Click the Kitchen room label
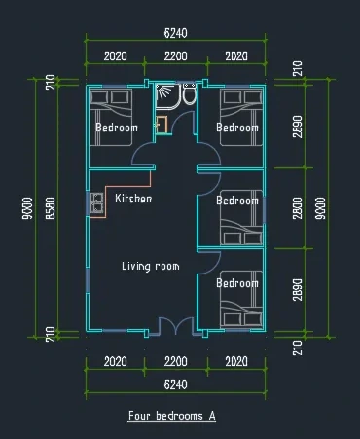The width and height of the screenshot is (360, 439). tap(133, 199)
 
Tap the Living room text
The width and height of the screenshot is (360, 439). tap(151, 267)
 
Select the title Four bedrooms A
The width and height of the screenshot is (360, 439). tap(172, 416)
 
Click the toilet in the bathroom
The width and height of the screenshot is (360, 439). tap(189, 93)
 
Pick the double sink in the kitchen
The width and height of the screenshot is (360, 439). tap(96, 202)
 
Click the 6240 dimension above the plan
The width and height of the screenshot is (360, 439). tap(175, 33)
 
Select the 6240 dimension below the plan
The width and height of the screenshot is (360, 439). tap(175, 384)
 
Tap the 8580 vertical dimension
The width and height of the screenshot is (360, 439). tap(51, 208)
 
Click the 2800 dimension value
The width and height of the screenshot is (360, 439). tap(297, 208)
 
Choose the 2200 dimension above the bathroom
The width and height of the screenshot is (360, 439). tap(175, 56)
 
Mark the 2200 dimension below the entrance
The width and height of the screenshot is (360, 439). tap(175, 362)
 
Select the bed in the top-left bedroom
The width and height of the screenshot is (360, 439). tap(111, 117)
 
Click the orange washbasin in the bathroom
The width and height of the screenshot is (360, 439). tap(162, 125)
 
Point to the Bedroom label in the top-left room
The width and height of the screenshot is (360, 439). tap(117, 128)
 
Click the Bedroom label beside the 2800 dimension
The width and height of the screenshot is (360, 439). tap(237, 201)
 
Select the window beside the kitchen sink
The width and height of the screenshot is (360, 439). tap(88, 203)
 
